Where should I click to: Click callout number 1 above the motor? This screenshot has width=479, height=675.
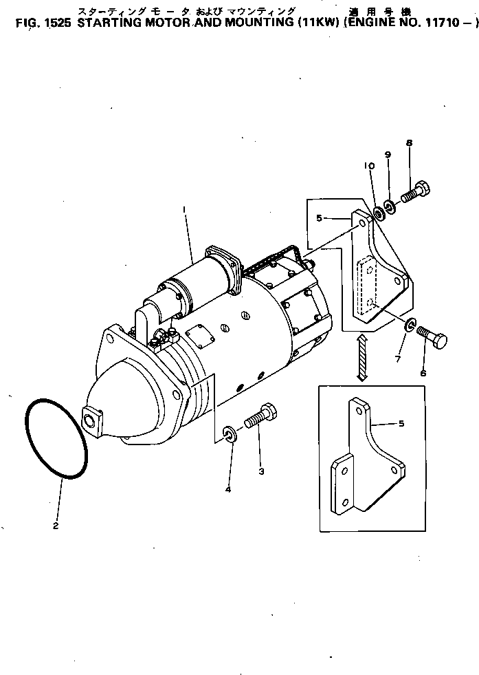[183, 208]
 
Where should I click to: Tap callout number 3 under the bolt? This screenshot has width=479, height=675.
[260, 471]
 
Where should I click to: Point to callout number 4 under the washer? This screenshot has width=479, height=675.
[228, 489]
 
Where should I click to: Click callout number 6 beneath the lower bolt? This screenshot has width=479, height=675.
[423, 373]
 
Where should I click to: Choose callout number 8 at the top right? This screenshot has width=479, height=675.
[409, 143]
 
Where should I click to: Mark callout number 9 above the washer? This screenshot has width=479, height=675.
[388, 155]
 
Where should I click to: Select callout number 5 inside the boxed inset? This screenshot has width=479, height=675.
[401, 424]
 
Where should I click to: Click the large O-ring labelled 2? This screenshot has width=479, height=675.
[56, 440]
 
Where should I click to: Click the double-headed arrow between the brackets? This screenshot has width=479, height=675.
[361, 358]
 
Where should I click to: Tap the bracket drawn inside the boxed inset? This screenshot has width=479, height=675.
[364, 464]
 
